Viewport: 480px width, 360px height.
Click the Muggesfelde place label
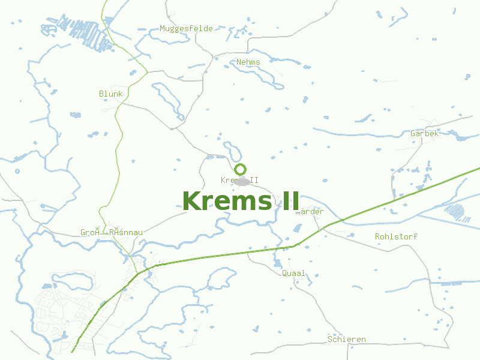coord(186,28)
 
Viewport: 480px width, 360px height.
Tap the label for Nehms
coord(248,62)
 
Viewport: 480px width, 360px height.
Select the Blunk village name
coord(110,94)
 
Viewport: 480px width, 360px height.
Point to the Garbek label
coord(424,133)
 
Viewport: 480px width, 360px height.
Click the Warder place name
coord(310,211)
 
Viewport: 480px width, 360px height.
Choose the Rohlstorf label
coord(396,236)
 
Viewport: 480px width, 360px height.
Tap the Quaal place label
coord(293,273)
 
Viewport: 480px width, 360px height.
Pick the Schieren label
coord(346,339)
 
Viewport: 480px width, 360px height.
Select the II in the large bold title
coord(286,200)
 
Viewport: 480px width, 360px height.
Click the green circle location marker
coord(240,169)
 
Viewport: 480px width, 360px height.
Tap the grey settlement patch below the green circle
coord(242,181)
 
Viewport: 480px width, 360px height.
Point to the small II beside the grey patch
coord(254,180)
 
